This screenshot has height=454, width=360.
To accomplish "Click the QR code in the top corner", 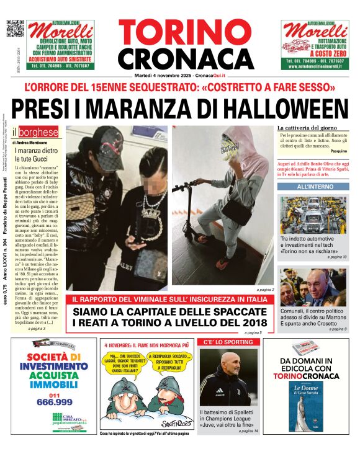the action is tap(15, 29).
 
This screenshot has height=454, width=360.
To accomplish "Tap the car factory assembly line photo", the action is tap(312, 215).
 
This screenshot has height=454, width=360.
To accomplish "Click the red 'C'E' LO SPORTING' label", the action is tap(220, 342).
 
